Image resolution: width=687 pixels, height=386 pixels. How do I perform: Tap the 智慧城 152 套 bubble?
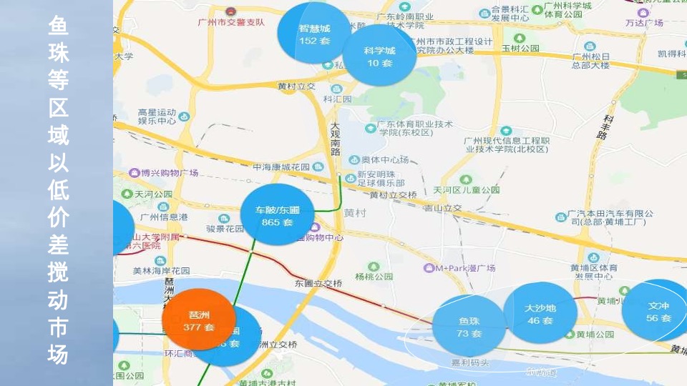click(314, 34)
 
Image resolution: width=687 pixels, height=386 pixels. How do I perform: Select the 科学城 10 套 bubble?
click(379, 56)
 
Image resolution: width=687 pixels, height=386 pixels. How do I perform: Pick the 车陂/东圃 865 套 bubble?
click(278, 215)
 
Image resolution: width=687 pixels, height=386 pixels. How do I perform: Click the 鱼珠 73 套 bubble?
click(469, 327)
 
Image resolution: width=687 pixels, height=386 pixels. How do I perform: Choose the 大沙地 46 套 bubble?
click(540, 314)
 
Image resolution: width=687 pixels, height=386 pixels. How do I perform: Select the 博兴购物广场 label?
click(169, 173)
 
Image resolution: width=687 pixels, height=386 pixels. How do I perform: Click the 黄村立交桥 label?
click(394, 194)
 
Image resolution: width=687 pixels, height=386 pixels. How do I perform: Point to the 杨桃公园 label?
click(374, 277)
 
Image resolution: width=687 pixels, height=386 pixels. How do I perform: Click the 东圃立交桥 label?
click(318, 283)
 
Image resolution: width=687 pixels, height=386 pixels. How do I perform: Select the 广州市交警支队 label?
click(231, 21)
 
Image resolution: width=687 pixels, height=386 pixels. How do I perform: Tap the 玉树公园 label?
click(520, 49)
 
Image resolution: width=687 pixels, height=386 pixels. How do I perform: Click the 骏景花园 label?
click(225, 229)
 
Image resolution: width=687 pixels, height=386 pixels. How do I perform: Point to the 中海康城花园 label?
click(282, 167)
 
